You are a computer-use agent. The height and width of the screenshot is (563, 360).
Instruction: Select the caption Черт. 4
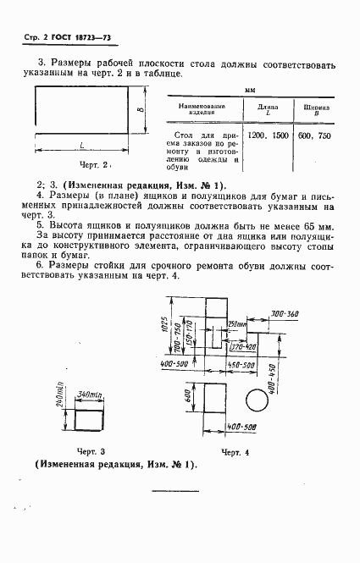pos(235,453)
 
